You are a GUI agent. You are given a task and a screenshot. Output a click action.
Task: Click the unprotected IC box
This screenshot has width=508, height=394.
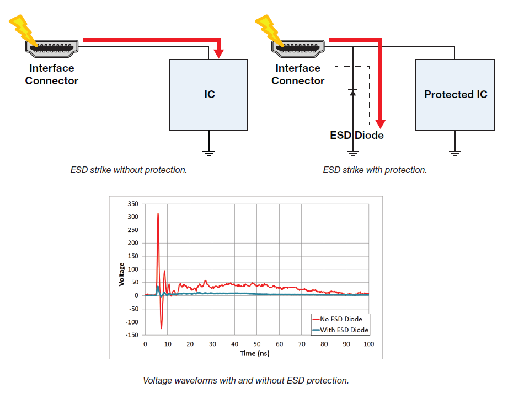(x=209, y=94)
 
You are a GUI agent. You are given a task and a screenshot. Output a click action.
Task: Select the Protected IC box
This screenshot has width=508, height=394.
(x=455, y=94)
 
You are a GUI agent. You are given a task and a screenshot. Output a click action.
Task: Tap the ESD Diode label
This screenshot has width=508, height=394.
(x=356, y=136)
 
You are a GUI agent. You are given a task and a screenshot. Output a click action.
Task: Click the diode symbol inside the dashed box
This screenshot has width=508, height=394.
(x=352, y=91)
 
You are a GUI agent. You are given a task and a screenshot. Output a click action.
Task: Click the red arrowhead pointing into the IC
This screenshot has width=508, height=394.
(x=219, y=53)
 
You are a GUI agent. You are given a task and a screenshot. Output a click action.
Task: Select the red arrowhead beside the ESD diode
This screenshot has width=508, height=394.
(x=379, y=123)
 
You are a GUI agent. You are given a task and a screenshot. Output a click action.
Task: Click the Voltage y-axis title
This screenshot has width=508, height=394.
(x=121, y=274)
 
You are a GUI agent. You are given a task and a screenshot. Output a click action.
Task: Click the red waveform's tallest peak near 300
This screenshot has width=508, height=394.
(x=158, y=214)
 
